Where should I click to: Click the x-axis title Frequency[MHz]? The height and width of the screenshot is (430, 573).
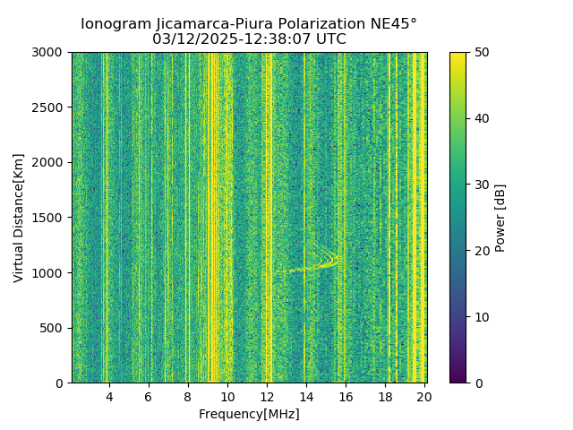(249, 414)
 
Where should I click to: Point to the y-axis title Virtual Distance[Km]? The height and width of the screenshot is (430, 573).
(18, 218)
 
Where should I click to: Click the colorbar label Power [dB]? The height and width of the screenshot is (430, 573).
(500, 218)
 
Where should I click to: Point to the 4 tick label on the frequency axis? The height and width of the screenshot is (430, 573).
(109, 396)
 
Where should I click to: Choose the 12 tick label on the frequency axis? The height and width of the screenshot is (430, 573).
(267, 396)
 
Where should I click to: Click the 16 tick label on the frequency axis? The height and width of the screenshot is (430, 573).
(346, 396)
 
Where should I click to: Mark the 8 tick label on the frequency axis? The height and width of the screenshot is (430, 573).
(188, 396)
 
